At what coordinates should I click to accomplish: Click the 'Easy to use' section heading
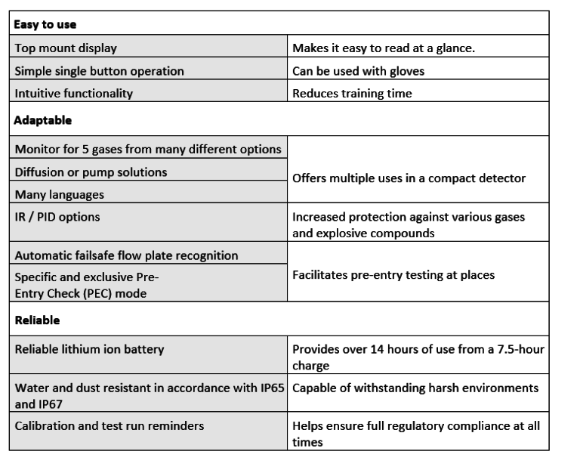coord(45,24)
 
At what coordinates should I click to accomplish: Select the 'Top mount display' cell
coord(66,48)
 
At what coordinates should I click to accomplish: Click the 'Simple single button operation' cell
coord(99,71)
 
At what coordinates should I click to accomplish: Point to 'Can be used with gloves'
coord(358,71)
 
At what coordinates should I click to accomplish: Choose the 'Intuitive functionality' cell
coord(74,94)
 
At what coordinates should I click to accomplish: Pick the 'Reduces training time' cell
coord(353,94)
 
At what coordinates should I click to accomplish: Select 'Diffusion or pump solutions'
coord(91,172)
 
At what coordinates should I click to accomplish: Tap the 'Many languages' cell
coord(59,194)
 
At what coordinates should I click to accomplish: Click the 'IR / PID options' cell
coord(57,217)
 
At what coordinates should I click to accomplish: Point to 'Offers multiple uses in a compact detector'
coord(409,178)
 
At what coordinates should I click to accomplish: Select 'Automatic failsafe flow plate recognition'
coord(126,255)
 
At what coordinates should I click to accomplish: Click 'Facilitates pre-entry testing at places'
coord(393,274)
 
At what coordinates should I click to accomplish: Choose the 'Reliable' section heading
coord(37,320)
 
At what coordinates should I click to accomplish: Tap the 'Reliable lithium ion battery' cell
coord(89,349)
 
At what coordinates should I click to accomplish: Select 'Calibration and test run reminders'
coord(110,426)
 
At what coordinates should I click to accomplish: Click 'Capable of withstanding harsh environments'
coord(415,388)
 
